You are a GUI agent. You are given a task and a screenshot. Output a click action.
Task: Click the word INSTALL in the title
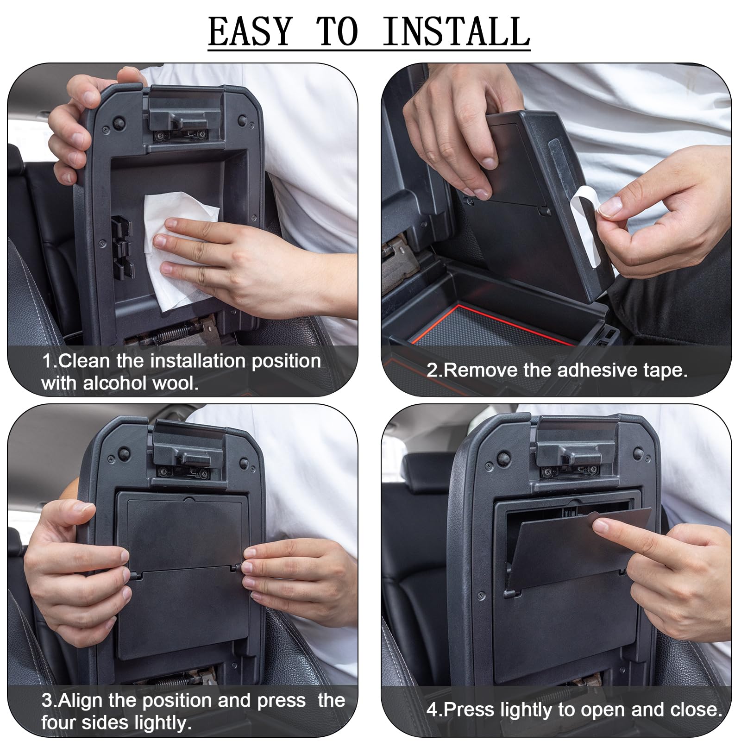pyautogui.click(x=456, y=31)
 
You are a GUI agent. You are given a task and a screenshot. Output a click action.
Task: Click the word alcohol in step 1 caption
pyautogui.click(x=111, y=383)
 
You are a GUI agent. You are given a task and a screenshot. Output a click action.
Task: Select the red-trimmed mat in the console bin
pyautogui.click(x=486, y=327)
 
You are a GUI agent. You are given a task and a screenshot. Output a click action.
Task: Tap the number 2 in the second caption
pyautogui.click(x=432, y=370)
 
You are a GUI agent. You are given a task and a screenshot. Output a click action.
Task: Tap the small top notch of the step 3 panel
pyautogui.click(x=188, y=499)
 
